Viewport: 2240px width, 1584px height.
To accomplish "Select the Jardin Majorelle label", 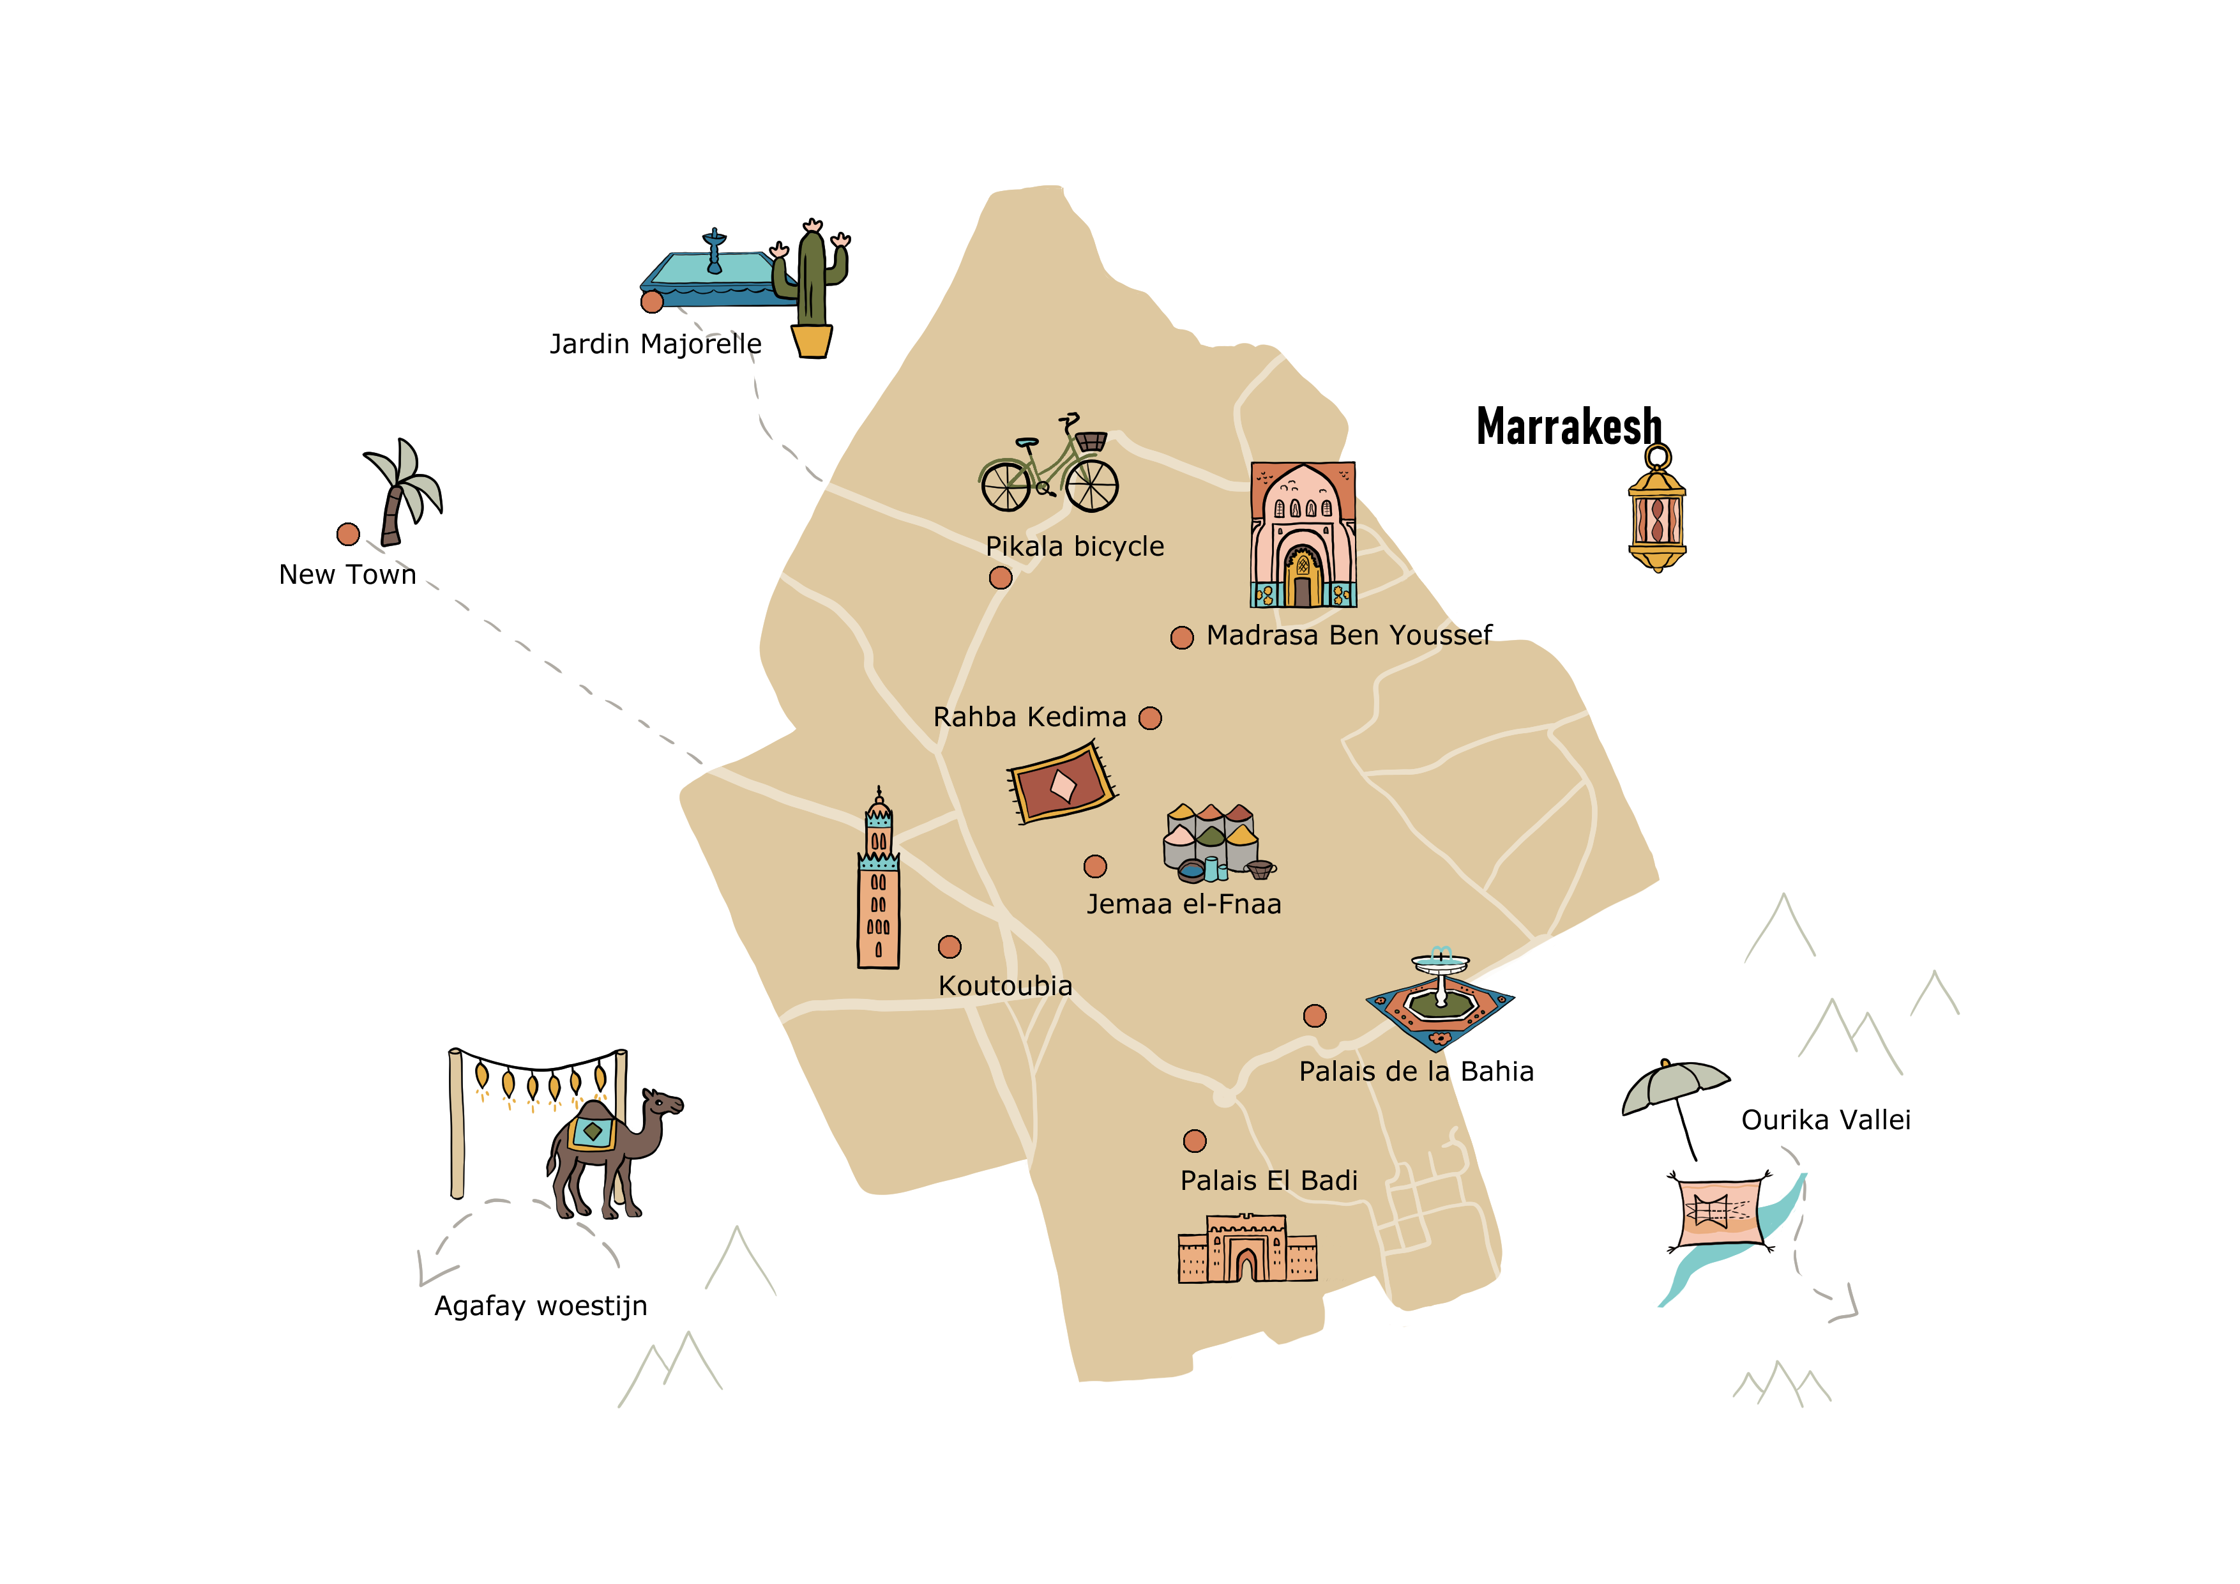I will tap(655, 344).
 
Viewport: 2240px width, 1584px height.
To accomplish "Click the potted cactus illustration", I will tap(812, 293).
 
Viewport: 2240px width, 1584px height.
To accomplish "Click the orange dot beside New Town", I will tap(348, 534).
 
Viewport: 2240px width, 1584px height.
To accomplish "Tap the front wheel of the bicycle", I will tap(1092, 484).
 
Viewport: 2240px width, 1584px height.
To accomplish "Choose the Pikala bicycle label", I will tap(1074, 547).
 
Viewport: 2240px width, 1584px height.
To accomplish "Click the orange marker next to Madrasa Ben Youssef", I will tap(1181, 637).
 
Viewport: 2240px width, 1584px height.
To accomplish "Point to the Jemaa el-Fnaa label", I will tap(1183, 904).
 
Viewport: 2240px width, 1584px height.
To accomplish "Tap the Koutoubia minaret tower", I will tap(878, 888).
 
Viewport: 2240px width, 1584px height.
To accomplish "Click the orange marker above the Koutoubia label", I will tap(950, 947).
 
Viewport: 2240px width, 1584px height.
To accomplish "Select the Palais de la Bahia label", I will tap(1416, 1072).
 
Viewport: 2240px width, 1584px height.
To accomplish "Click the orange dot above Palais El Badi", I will tap(1194, 1141).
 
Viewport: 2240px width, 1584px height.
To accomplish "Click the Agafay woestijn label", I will tap(540, 1306).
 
